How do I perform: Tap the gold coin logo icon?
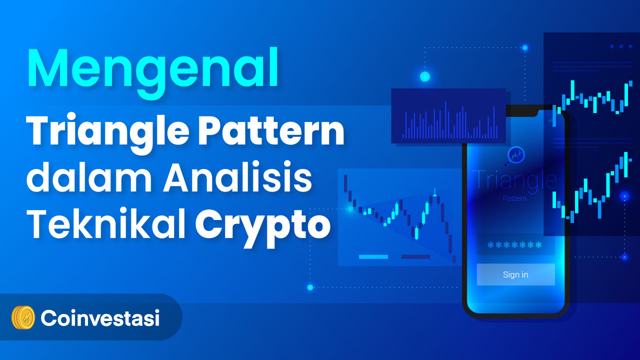[x=23, y=317]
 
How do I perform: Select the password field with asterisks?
[x=515, y=245]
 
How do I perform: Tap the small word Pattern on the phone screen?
[x=514, y=198]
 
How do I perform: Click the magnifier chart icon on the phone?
[x=515, y=155]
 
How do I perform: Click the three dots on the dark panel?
[x=621, y=46]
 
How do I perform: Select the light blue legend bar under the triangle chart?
[x=373, y=257]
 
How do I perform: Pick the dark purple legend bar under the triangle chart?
[x=415, y=257]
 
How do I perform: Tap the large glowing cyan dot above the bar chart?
[x=425, y=76]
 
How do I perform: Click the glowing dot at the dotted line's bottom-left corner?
[x=310, y=287]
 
